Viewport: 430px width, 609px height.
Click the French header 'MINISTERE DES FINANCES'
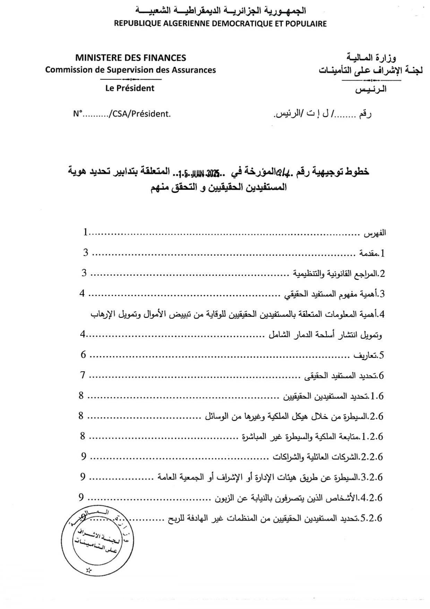130,58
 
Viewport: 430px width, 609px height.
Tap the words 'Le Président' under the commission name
130,88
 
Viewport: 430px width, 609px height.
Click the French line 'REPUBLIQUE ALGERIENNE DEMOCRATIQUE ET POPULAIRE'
220,24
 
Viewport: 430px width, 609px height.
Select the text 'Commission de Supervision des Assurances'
130,70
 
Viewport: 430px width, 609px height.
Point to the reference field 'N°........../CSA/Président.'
122,114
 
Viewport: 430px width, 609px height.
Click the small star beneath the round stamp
89,569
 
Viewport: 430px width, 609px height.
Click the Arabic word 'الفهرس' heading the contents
375,233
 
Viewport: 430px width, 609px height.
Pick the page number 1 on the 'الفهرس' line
85,232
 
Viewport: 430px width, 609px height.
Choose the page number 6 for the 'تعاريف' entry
83,354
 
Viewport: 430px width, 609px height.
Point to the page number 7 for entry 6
83,375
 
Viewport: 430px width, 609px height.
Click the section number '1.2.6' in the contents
372,437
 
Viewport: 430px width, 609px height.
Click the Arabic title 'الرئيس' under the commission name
371,90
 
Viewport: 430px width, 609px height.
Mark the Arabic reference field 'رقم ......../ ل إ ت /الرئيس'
322,114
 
